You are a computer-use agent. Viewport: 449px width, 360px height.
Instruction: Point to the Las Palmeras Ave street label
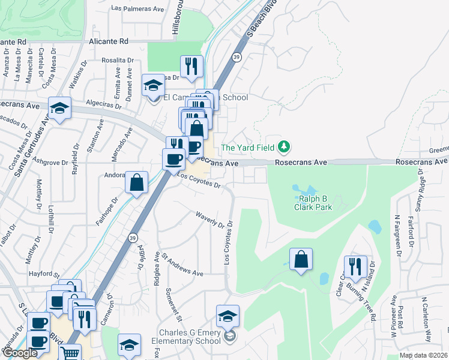pos(138,9)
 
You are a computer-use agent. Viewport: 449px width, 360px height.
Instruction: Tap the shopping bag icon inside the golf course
pos(301,259)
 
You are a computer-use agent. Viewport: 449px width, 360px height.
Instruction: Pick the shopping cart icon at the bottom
pos(70,354)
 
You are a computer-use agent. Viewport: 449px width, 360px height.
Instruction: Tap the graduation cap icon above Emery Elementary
pos(228,316)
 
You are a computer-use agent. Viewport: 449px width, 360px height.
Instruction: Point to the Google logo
pos(20,353)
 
